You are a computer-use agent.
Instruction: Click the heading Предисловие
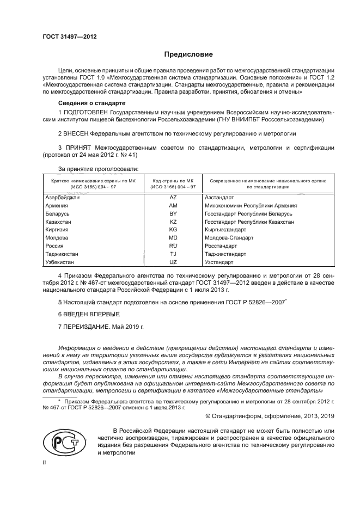(188, 54)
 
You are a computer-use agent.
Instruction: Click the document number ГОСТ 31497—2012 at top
(69, 36)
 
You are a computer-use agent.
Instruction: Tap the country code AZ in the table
(173, 198)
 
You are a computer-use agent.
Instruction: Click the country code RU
(173, 246)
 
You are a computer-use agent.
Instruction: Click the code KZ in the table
(173, 222)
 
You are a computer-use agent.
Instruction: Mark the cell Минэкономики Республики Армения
(251, 206)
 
